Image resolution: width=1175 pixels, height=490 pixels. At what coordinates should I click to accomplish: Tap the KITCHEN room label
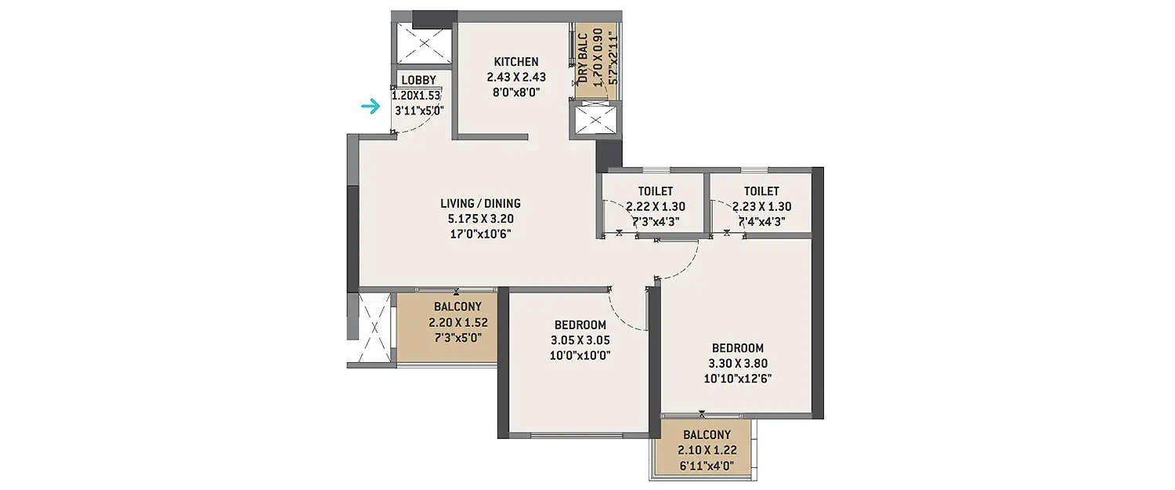(x=515, y=62)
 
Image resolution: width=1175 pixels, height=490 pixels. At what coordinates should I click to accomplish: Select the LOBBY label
(x=418, y=80)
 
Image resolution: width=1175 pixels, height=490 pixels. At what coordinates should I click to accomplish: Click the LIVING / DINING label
(x=480, y=204)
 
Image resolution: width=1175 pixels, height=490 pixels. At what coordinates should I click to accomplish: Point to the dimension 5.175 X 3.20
(x=480, y=219)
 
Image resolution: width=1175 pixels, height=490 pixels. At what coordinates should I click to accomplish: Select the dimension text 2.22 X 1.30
(x=655, y=207)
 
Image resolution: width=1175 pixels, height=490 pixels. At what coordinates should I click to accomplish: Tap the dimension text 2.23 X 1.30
(x=761, y=207)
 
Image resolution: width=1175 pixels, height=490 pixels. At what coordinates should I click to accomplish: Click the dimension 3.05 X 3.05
(x=581, y=340)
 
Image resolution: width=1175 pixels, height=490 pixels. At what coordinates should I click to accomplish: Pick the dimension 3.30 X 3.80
(x=738, y=364)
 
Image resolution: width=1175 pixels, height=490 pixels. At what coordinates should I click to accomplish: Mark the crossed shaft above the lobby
(x=423, y=44)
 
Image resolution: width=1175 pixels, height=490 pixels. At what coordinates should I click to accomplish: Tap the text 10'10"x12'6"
(x=738, y=379)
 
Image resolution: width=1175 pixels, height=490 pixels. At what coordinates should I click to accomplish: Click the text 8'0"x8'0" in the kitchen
(x=515, y=93)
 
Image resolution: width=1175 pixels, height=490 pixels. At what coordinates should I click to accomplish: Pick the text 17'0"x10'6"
(x=480, y=234)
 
